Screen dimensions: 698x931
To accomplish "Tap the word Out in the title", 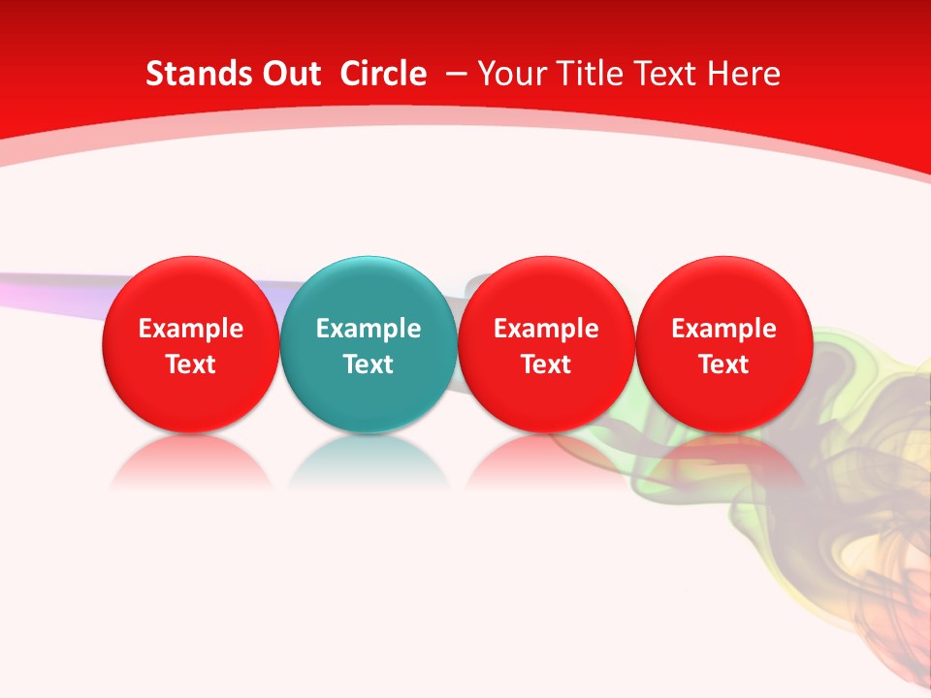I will (288, 74).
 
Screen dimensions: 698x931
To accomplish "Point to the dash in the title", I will (456, 74).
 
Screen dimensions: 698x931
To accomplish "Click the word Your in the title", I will (510, 74).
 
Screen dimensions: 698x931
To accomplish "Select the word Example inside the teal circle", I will (369, 329).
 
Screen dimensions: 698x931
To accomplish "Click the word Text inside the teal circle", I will (369, 365).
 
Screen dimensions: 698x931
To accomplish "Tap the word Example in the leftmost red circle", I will (191, 329).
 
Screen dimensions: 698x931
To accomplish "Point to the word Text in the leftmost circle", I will (191, 365).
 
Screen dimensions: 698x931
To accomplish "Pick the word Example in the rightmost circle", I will (723, 329).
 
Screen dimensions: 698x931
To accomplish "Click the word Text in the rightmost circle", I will (723, 365).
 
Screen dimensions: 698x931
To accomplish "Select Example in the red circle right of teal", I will (546, 329).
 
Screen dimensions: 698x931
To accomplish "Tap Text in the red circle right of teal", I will (546, 365).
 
